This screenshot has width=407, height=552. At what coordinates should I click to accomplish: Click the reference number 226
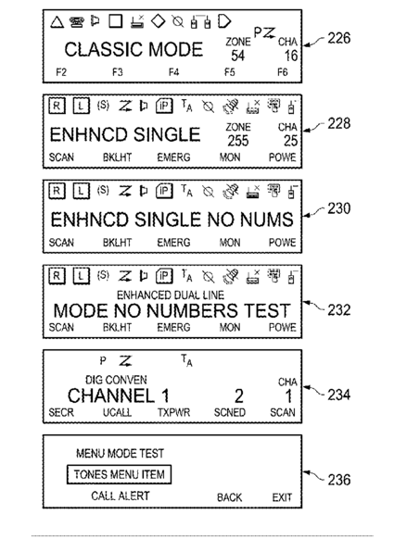[339, 38]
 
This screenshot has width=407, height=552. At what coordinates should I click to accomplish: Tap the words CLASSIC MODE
[134, 49]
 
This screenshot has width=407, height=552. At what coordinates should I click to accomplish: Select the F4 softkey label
[173, 72]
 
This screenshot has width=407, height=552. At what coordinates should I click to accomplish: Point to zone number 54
[238, 56]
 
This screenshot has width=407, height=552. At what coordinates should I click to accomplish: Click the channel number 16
[291, 56]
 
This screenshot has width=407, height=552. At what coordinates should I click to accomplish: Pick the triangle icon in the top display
[57, 22]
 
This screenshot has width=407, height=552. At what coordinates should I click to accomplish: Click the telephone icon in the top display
[76, 22]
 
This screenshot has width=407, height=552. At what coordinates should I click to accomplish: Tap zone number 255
[238, 141]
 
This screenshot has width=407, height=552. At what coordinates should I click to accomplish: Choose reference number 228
[339, 123]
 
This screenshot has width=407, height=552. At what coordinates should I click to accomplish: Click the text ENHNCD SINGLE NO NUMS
[172, 220]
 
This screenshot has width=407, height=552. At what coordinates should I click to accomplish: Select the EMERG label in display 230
[173, 243]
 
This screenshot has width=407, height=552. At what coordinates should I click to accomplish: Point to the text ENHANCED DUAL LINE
[171, 295]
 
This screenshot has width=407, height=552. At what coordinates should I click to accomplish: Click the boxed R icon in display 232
[57, 276]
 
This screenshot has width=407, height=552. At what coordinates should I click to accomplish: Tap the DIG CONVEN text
[116, 380]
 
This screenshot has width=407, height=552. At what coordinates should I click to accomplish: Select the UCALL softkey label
[117, 412]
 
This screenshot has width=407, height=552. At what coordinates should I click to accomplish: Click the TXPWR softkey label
[173, 412]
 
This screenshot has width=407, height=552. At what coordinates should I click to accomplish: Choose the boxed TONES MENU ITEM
[119, 474]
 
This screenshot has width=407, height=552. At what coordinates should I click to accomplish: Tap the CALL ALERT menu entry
[121, 496]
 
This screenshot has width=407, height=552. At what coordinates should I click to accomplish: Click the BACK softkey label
[229, 497]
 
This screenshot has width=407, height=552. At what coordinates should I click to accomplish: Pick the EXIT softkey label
[282, 497]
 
